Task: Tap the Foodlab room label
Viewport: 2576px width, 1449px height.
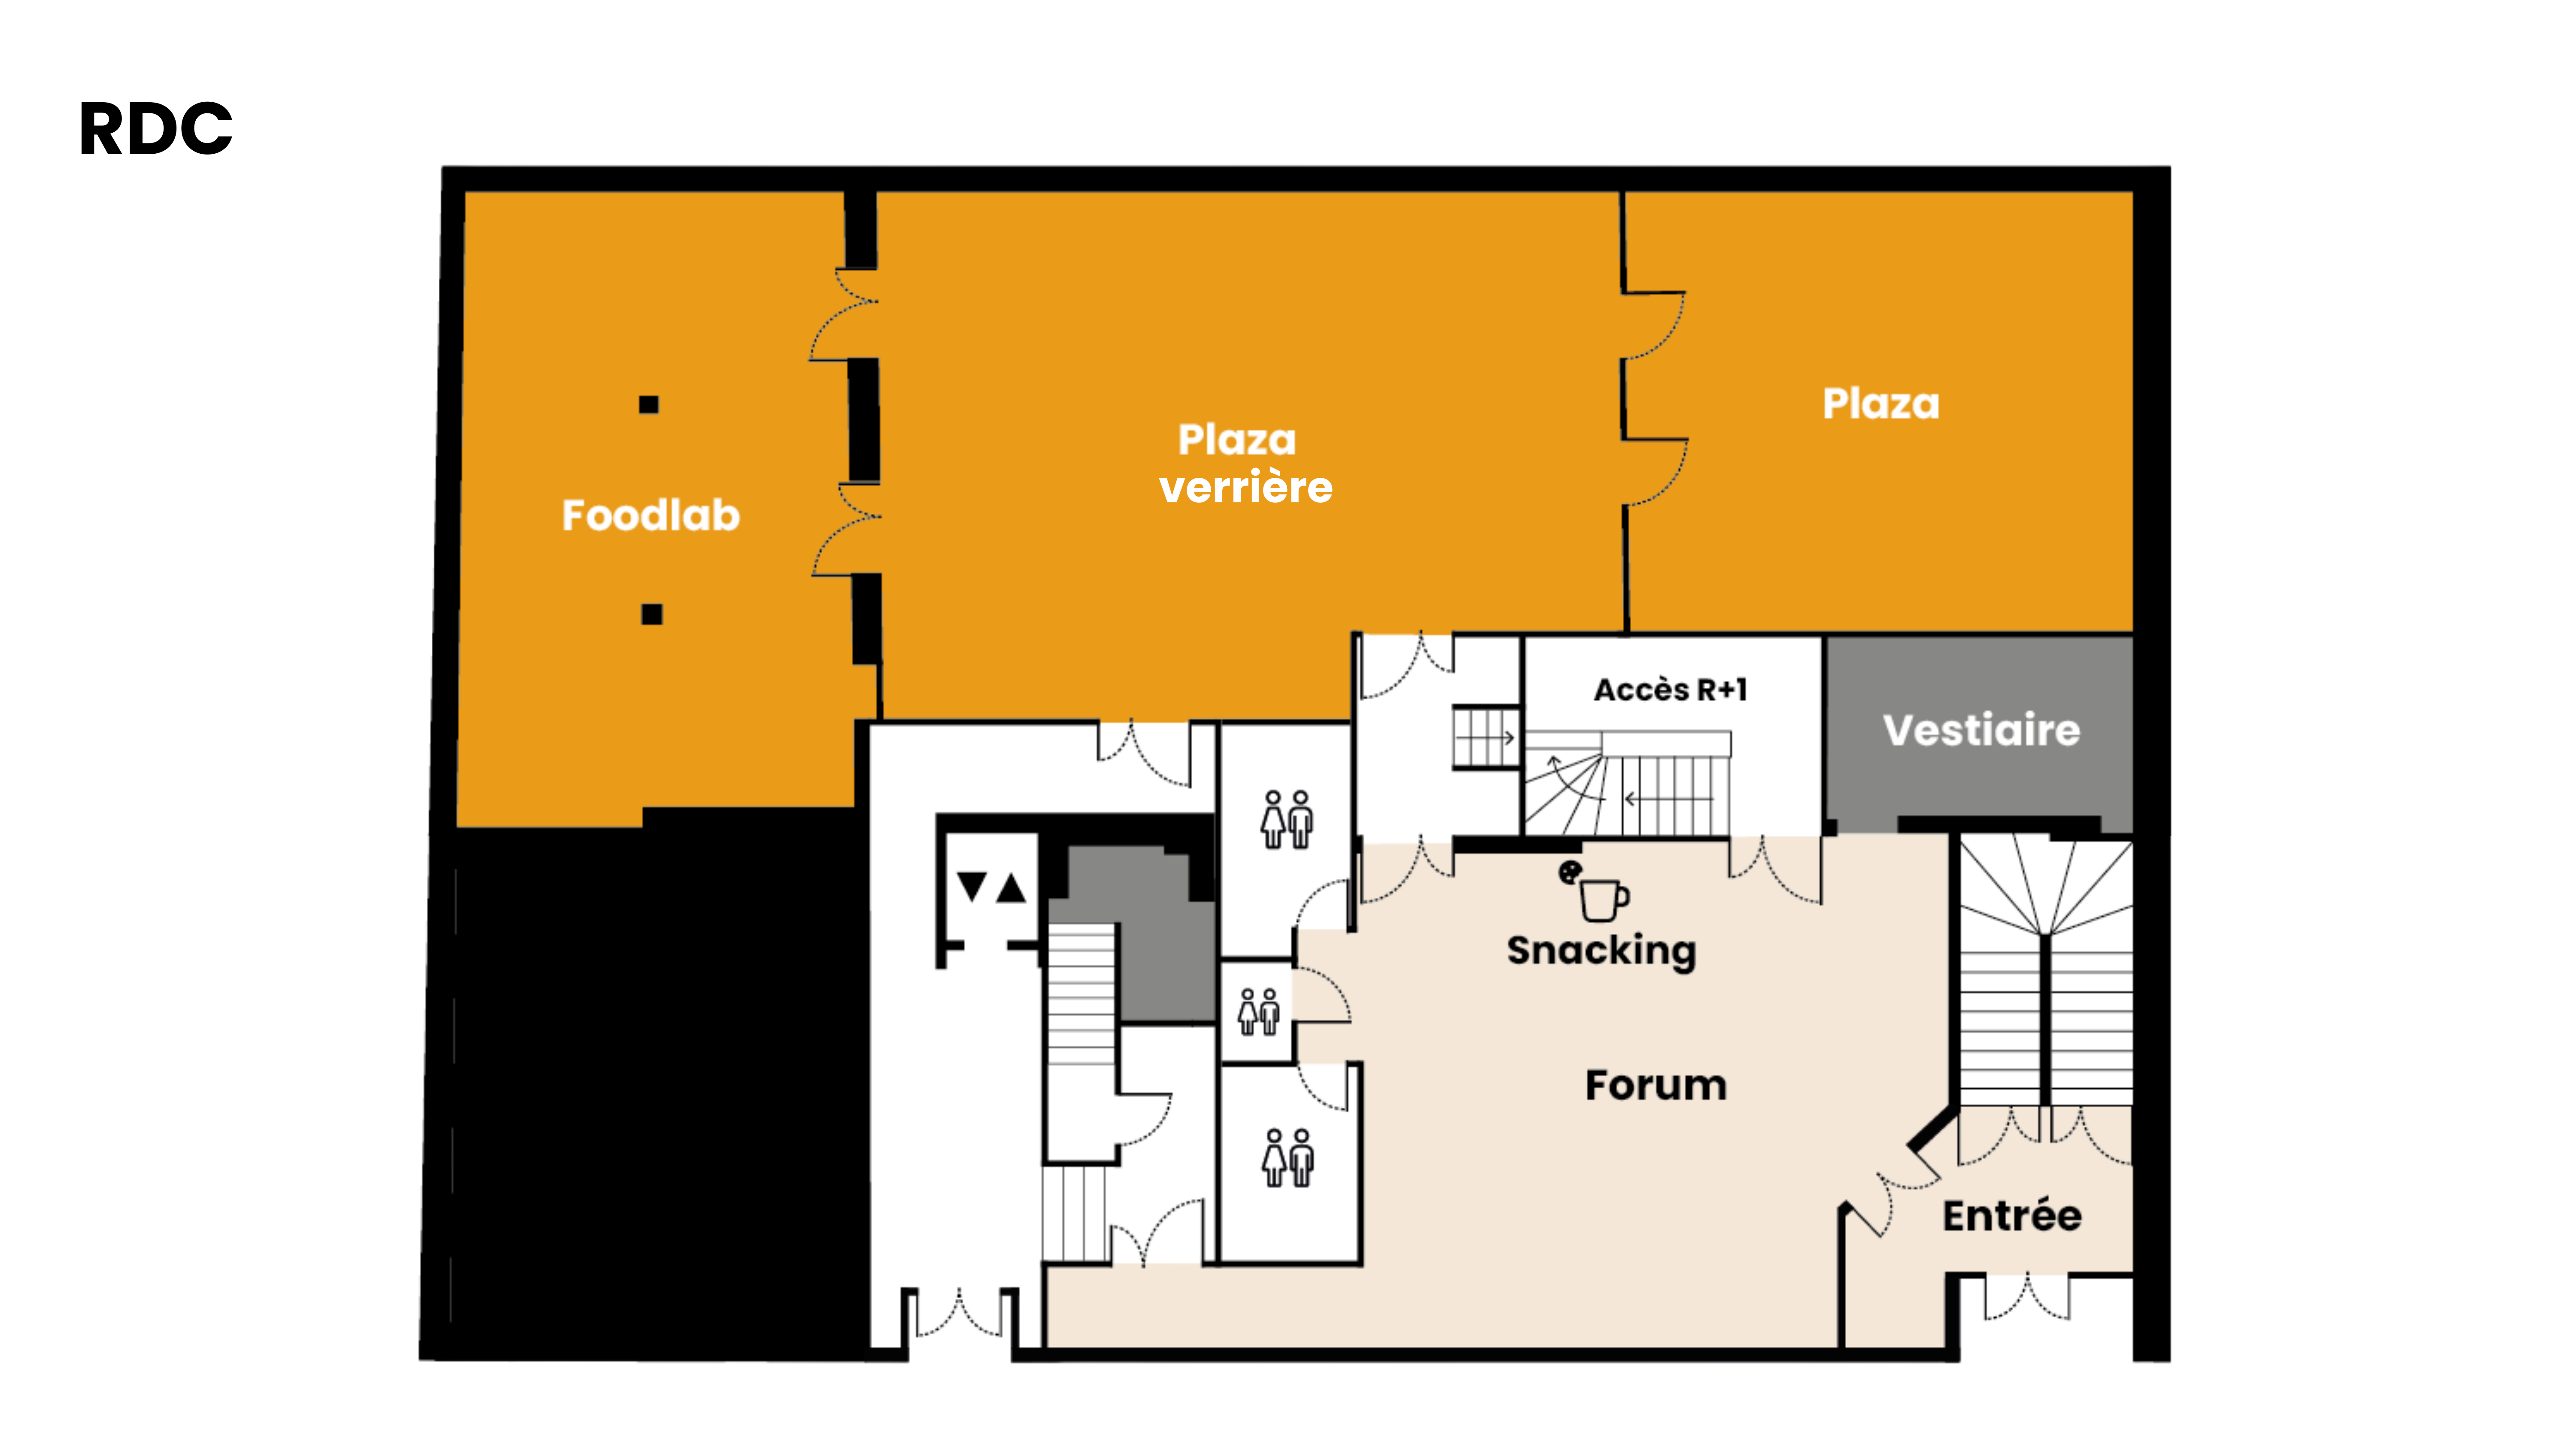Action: [x=651, y=515]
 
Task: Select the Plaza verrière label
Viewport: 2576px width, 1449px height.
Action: [x=1245, y=463]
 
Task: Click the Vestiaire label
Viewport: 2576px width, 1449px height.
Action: [x=1981, y=730]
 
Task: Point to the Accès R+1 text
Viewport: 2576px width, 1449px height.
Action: [x=1670, y=690]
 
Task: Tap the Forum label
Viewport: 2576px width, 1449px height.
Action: [x=1656, y=1085]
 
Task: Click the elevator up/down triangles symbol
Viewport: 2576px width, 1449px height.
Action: [x=991, y=887]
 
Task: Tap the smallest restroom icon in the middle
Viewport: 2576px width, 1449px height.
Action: [x=1258, y=1012]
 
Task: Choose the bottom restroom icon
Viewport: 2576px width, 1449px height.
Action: [x=1287, y=1158]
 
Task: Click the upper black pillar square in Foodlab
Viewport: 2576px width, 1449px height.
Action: [x=649, y=404]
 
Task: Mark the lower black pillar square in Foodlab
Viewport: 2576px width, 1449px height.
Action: [x=652, y=614]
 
